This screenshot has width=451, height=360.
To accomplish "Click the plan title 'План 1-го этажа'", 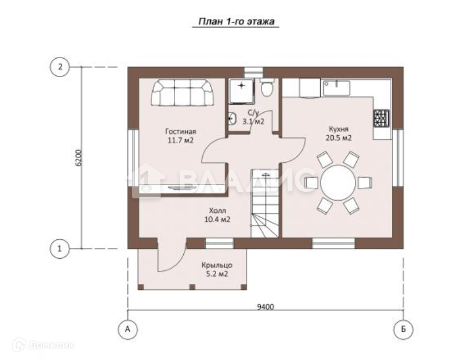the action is coord(236,22).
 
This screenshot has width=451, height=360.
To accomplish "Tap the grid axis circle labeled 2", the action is coord(60,67).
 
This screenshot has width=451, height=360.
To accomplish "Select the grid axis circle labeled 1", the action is coord(60,248).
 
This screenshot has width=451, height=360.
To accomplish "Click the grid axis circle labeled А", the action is coord(128,329).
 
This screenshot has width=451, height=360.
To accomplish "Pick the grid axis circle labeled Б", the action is coord(403,329).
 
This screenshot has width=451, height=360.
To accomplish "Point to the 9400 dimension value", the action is coord(265,307).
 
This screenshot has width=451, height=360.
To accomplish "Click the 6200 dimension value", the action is coord(79,158).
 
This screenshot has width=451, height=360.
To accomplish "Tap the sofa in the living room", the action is coord(182,93).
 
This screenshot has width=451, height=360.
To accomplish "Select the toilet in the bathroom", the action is coord(267,87).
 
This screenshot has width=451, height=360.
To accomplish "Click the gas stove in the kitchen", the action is coord(381,118).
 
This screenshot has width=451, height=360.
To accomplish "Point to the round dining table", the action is coord(338,182).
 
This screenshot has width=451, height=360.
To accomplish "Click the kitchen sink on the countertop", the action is coord(336,88).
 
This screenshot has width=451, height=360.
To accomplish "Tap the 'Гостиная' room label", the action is coord(180,132).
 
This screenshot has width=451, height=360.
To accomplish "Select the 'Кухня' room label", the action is coord(338,129).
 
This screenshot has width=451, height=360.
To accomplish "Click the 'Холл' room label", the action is coord(217,210).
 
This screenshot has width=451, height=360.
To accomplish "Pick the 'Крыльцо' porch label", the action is coord(217,265).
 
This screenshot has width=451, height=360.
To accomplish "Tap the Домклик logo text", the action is coord(51,345).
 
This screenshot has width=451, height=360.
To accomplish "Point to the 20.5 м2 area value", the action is coord(338,138).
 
